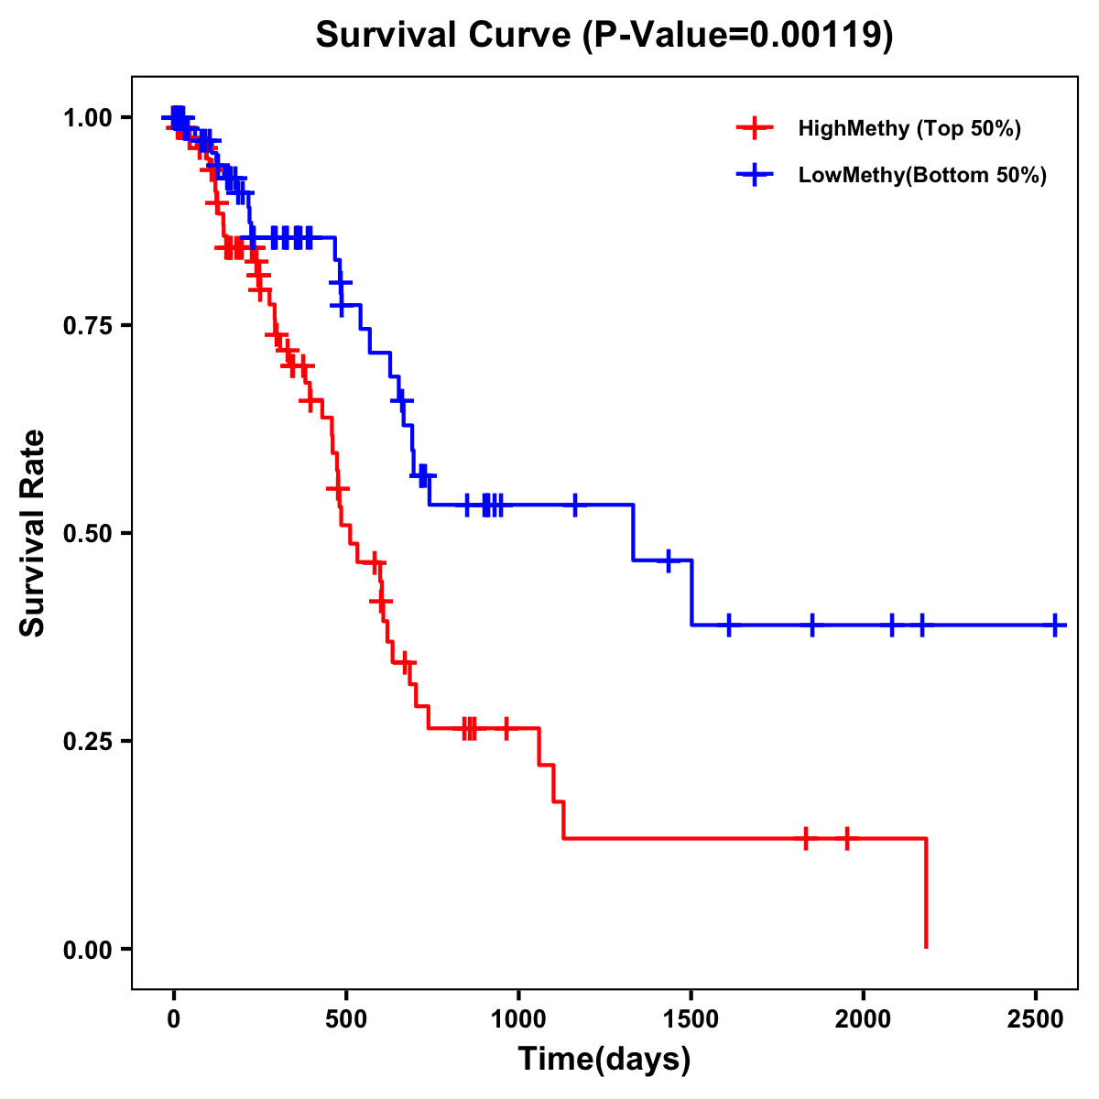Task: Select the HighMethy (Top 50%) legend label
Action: pos(909,128)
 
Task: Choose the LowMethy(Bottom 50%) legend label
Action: pos(922,176)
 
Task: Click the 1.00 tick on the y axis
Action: pos(87,117)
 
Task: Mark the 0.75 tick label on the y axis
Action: pos(87,325)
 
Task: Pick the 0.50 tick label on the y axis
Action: pos(87,533)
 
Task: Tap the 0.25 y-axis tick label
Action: pos(87,741)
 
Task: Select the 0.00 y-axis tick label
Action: pos(87,949)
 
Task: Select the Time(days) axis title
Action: pos(604,1060)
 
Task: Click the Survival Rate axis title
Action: pos(33,532)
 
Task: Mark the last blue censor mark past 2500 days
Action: pos(1055,625)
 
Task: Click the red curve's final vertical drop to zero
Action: pos(926,893)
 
